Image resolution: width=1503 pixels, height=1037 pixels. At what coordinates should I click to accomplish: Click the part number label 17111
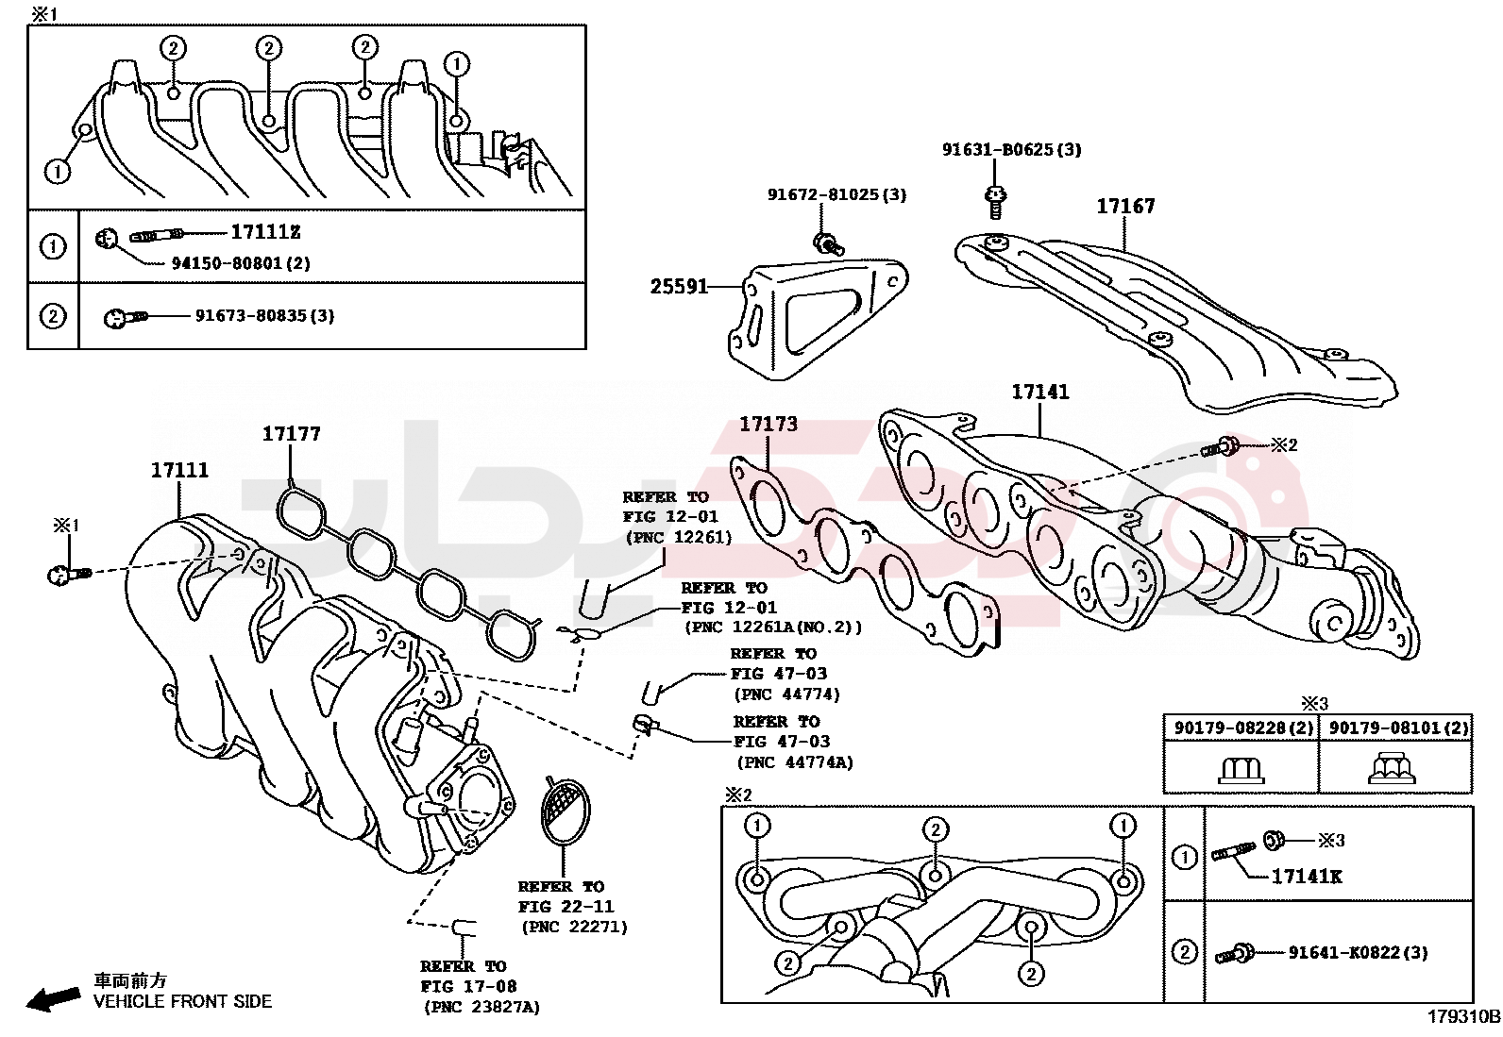click(179, 470)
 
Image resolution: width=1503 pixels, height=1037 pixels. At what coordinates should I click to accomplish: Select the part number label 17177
click(291, 433)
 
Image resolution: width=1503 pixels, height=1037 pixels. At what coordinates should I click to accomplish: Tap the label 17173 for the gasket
click(768, 424)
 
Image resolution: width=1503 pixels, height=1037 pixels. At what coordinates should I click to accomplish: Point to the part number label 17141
click(1040, 392)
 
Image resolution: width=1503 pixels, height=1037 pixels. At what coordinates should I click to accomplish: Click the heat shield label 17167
click(1126, 206)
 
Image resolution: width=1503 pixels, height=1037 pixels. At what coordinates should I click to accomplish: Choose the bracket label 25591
click(679, 287)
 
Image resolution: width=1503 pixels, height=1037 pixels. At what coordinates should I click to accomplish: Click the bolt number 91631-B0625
click(997, 150)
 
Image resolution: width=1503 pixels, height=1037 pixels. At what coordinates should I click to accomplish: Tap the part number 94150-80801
click(227, 263)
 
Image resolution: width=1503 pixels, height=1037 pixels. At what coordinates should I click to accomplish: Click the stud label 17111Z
click(265, 232)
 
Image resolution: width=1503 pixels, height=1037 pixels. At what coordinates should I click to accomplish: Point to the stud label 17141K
click(1307, 877)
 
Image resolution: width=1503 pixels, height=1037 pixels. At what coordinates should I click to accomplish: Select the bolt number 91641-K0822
click(1344, 952)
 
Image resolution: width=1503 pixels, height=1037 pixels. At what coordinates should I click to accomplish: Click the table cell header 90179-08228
click(1229, 728)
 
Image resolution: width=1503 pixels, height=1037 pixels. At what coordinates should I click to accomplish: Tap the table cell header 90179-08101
click(1385, 728)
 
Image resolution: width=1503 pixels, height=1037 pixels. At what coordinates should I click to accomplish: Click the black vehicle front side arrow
click(52, 999)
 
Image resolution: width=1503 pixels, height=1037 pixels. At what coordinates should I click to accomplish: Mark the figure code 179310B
click(1463, 1017)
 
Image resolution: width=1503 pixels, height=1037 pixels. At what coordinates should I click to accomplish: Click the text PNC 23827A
click(482, 1008)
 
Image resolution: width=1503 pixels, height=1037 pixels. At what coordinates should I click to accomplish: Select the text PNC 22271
click(574, 927)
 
